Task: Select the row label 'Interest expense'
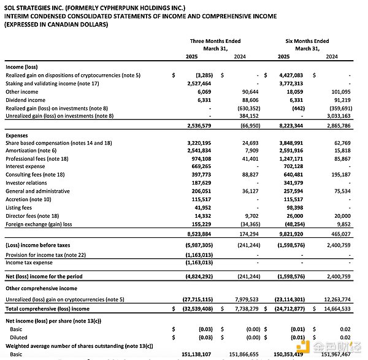[25, 166]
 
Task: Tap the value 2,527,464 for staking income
[197, 83]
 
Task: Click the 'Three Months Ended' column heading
[215, 41]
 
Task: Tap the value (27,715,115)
[195, 300]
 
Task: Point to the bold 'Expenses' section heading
[17, 134]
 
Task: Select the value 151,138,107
[195, 354]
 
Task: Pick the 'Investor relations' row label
[26, 183]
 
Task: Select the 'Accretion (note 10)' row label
[28, 199]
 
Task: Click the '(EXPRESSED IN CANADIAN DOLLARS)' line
[56, 25]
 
